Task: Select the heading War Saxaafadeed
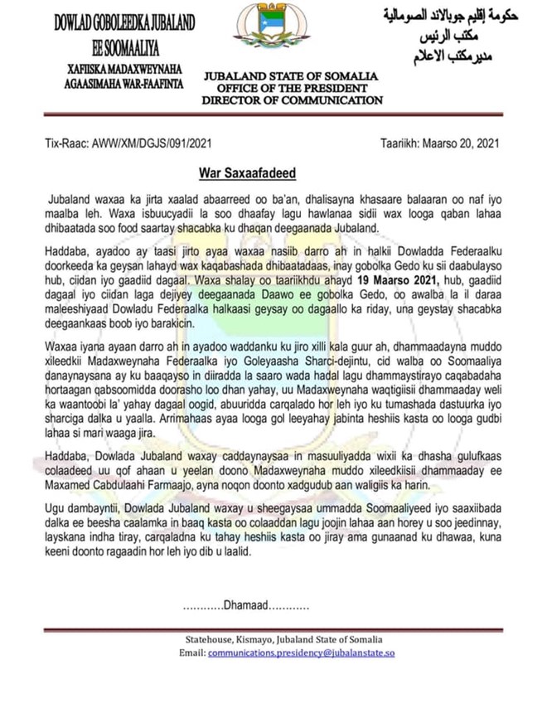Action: [247, 173]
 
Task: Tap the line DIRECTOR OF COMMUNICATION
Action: [293, 100]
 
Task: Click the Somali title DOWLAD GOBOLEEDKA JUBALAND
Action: [124, 22]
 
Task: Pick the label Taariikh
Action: [407, 143]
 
